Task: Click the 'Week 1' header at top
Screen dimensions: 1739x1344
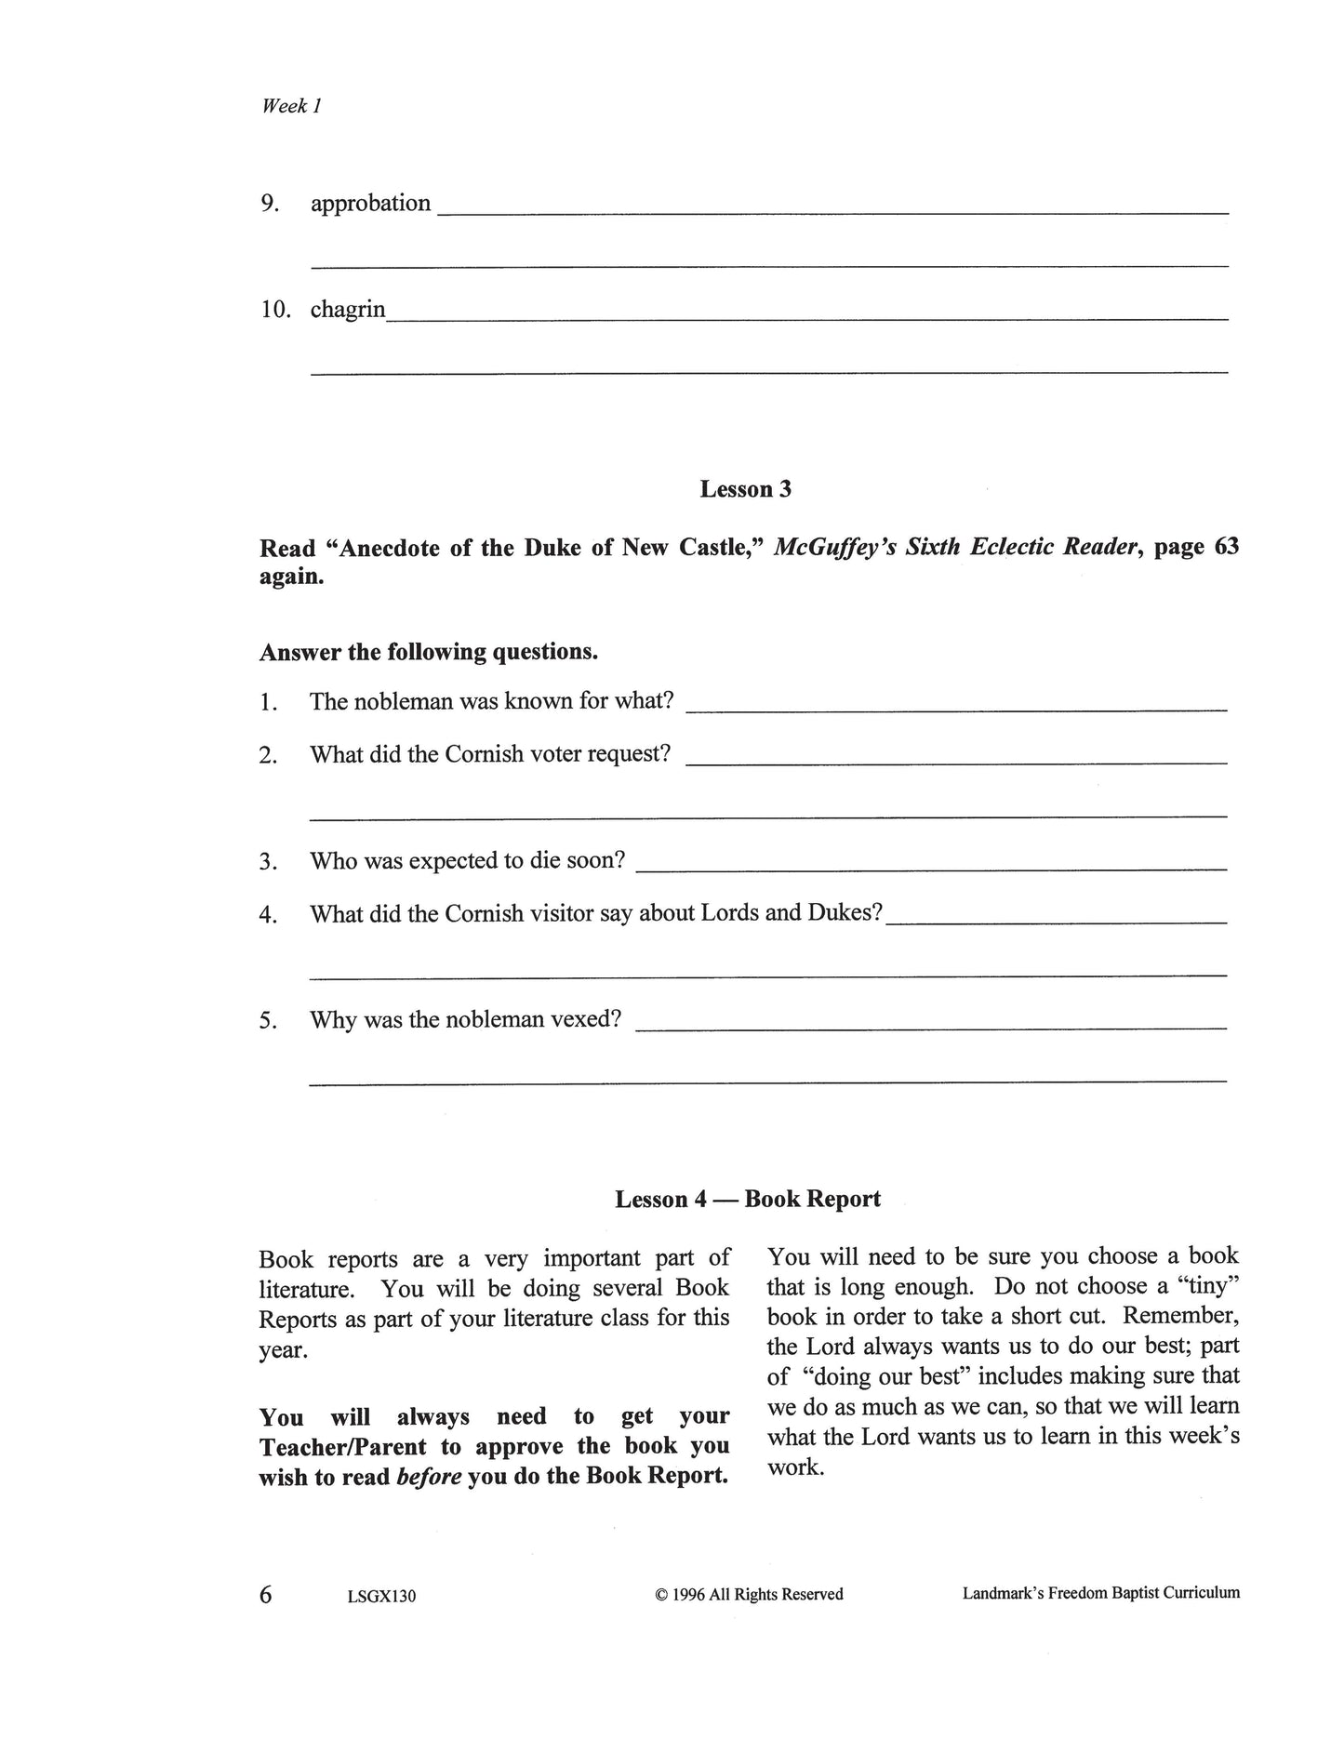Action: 291,106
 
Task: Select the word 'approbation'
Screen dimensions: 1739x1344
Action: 370,204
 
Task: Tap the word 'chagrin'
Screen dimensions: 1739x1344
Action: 347,309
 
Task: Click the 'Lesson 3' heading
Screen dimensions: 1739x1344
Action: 745,489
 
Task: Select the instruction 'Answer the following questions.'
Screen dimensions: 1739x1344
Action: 428,652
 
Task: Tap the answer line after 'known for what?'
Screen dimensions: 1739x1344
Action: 955,709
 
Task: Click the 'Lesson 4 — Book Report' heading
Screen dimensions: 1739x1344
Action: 747,1199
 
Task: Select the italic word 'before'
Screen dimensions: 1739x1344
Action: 429,1477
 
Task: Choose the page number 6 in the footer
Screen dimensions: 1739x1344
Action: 266,1594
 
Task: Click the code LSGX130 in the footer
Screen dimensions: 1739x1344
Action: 379,1597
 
